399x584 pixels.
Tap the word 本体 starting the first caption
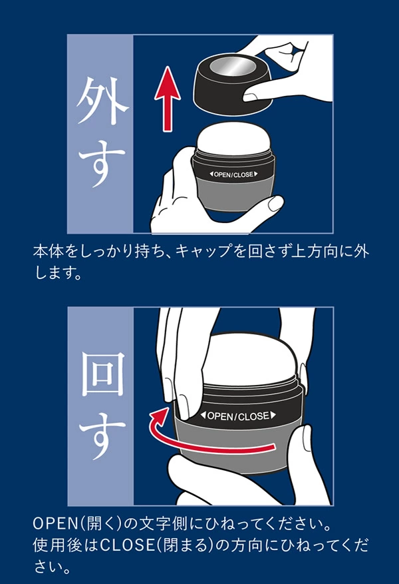pyautogui.click(x=47, y=253)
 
